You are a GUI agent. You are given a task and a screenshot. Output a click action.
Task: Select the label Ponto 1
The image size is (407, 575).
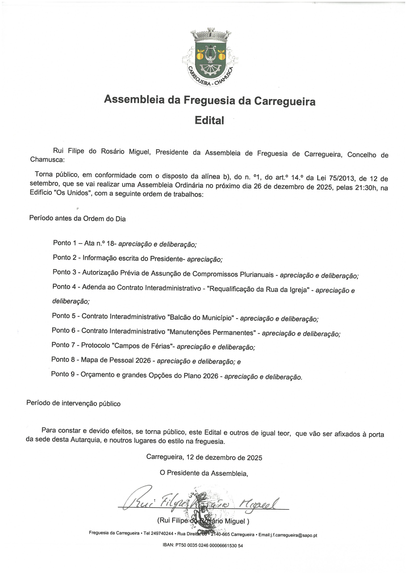click(64, 243)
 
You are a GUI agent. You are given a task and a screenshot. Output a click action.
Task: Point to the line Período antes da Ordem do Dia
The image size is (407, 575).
click(77, 218)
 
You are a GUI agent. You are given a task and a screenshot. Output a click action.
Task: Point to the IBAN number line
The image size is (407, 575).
click(203, 545)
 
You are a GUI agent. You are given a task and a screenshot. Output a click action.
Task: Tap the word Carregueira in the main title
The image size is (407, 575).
click(285, 101)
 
